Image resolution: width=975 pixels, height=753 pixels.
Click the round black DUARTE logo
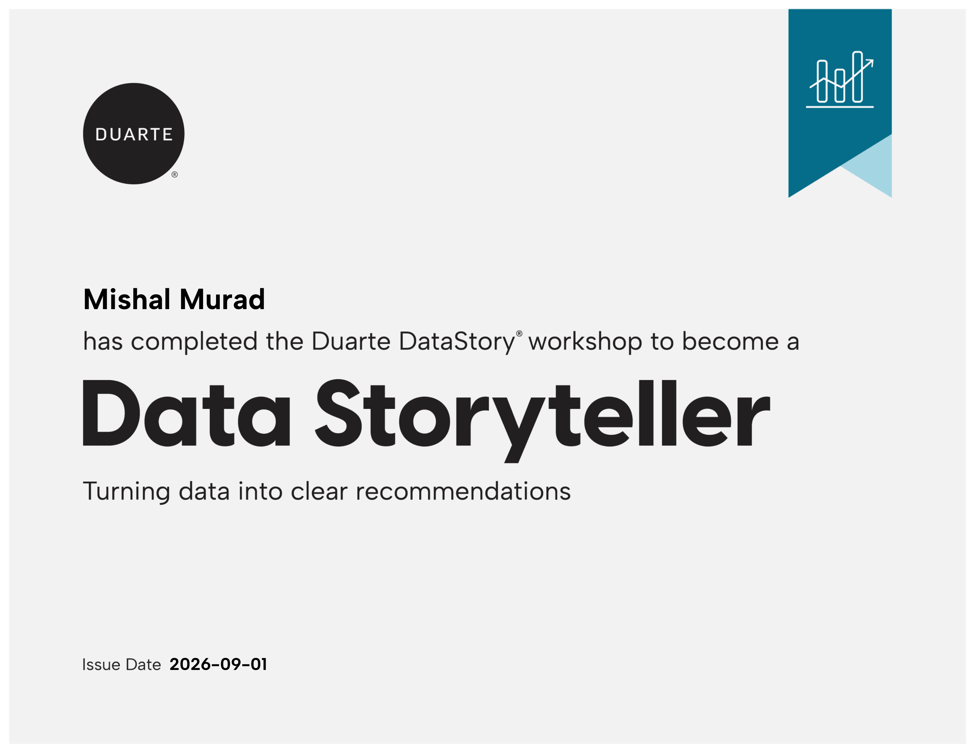click(134, 133)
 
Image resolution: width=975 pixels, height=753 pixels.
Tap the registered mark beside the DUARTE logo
click(175, 174)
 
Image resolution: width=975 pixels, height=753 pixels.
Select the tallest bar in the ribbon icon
click(857, 77)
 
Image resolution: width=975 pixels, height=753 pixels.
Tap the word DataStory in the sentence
click(457, 342)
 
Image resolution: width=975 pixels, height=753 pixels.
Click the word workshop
click(585, 342)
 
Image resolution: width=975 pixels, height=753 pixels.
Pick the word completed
click(194, 342)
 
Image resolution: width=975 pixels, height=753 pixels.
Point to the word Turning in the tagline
click(126, 492)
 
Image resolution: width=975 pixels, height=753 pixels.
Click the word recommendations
click(463, 491)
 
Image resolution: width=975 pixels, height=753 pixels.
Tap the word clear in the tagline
click(319, 491)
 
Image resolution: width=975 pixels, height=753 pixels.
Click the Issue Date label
click(122, 665)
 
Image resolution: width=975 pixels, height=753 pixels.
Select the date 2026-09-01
click(218, 664)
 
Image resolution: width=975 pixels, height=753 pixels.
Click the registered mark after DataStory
click(519, 334)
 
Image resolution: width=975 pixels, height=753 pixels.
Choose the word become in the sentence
click(730, 342)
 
